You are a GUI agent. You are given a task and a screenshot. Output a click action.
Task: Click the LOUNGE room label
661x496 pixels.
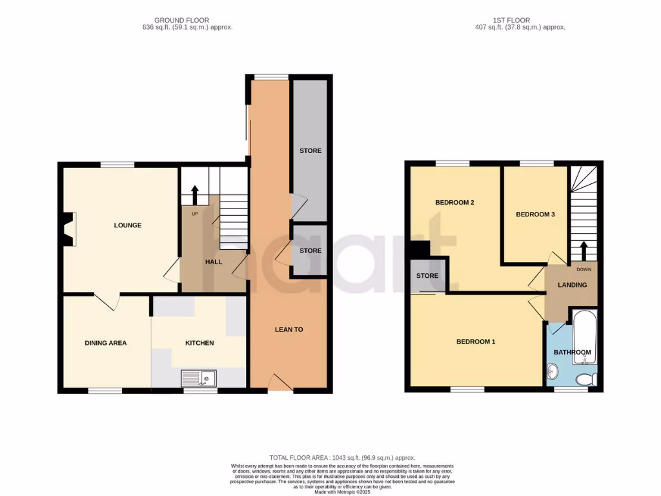[x=127, y=225]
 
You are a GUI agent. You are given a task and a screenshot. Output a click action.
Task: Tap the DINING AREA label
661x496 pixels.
[x=105, y=343]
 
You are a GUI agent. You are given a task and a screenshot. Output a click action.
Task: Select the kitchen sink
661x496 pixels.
[x=199, y=378]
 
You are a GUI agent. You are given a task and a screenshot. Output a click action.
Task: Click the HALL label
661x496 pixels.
[x=214, y=262]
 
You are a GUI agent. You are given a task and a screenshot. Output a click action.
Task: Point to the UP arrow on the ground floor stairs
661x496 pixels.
[x=195, y=193]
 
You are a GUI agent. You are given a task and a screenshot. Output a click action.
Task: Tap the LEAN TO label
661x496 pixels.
[x=289, y=329]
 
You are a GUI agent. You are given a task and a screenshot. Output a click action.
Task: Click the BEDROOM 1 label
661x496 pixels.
[x=476, y=342]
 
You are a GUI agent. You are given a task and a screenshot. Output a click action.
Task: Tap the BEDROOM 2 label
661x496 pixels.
[x=454, y=203]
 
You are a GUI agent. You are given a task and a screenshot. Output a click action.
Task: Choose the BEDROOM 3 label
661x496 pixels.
[x=535, y=214]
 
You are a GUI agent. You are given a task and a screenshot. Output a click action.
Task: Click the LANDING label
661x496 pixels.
[x=572, y=285]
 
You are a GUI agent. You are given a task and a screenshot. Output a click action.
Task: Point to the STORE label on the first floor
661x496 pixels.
[x=427, y=276]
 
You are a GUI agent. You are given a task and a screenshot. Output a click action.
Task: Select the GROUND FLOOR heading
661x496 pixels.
[x=181, y=20]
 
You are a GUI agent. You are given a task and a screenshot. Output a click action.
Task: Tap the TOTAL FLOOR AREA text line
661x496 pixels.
[x=342, y=457]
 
